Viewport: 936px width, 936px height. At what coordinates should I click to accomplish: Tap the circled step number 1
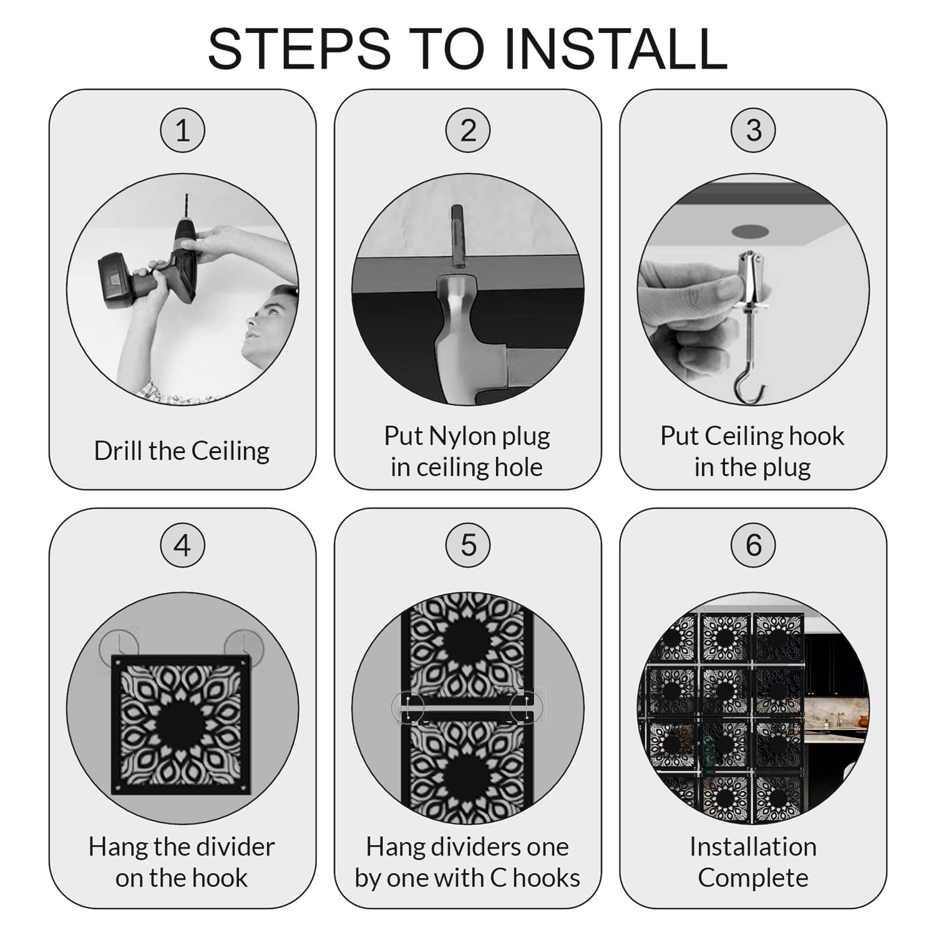pyautogui.click(x=182, y=130)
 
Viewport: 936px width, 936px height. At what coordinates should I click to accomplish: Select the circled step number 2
pyautogui.click(x=468, y=130)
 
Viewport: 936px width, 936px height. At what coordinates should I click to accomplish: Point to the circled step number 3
pyautogui.click(x=754, y=130)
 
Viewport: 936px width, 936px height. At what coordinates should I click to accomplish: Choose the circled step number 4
pyautogui.click(x=182, y=545)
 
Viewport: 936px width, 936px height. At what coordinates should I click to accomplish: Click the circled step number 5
pyautogui.click(x=468, y=545)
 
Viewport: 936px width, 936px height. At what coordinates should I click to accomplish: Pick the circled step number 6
pyautogui.click(x=754, y=545)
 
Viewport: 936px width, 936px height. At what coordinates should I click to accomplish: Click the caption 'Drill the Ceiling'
pyautogui.click(x=182, y=451)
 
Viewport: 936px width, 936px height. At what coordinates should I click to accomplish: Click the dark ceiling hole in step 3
pyautogui.click(x=751, y=231)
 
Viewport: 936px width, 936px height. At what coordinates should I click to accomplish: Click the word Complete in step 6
pyautogui.click(x=753, y=878)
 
